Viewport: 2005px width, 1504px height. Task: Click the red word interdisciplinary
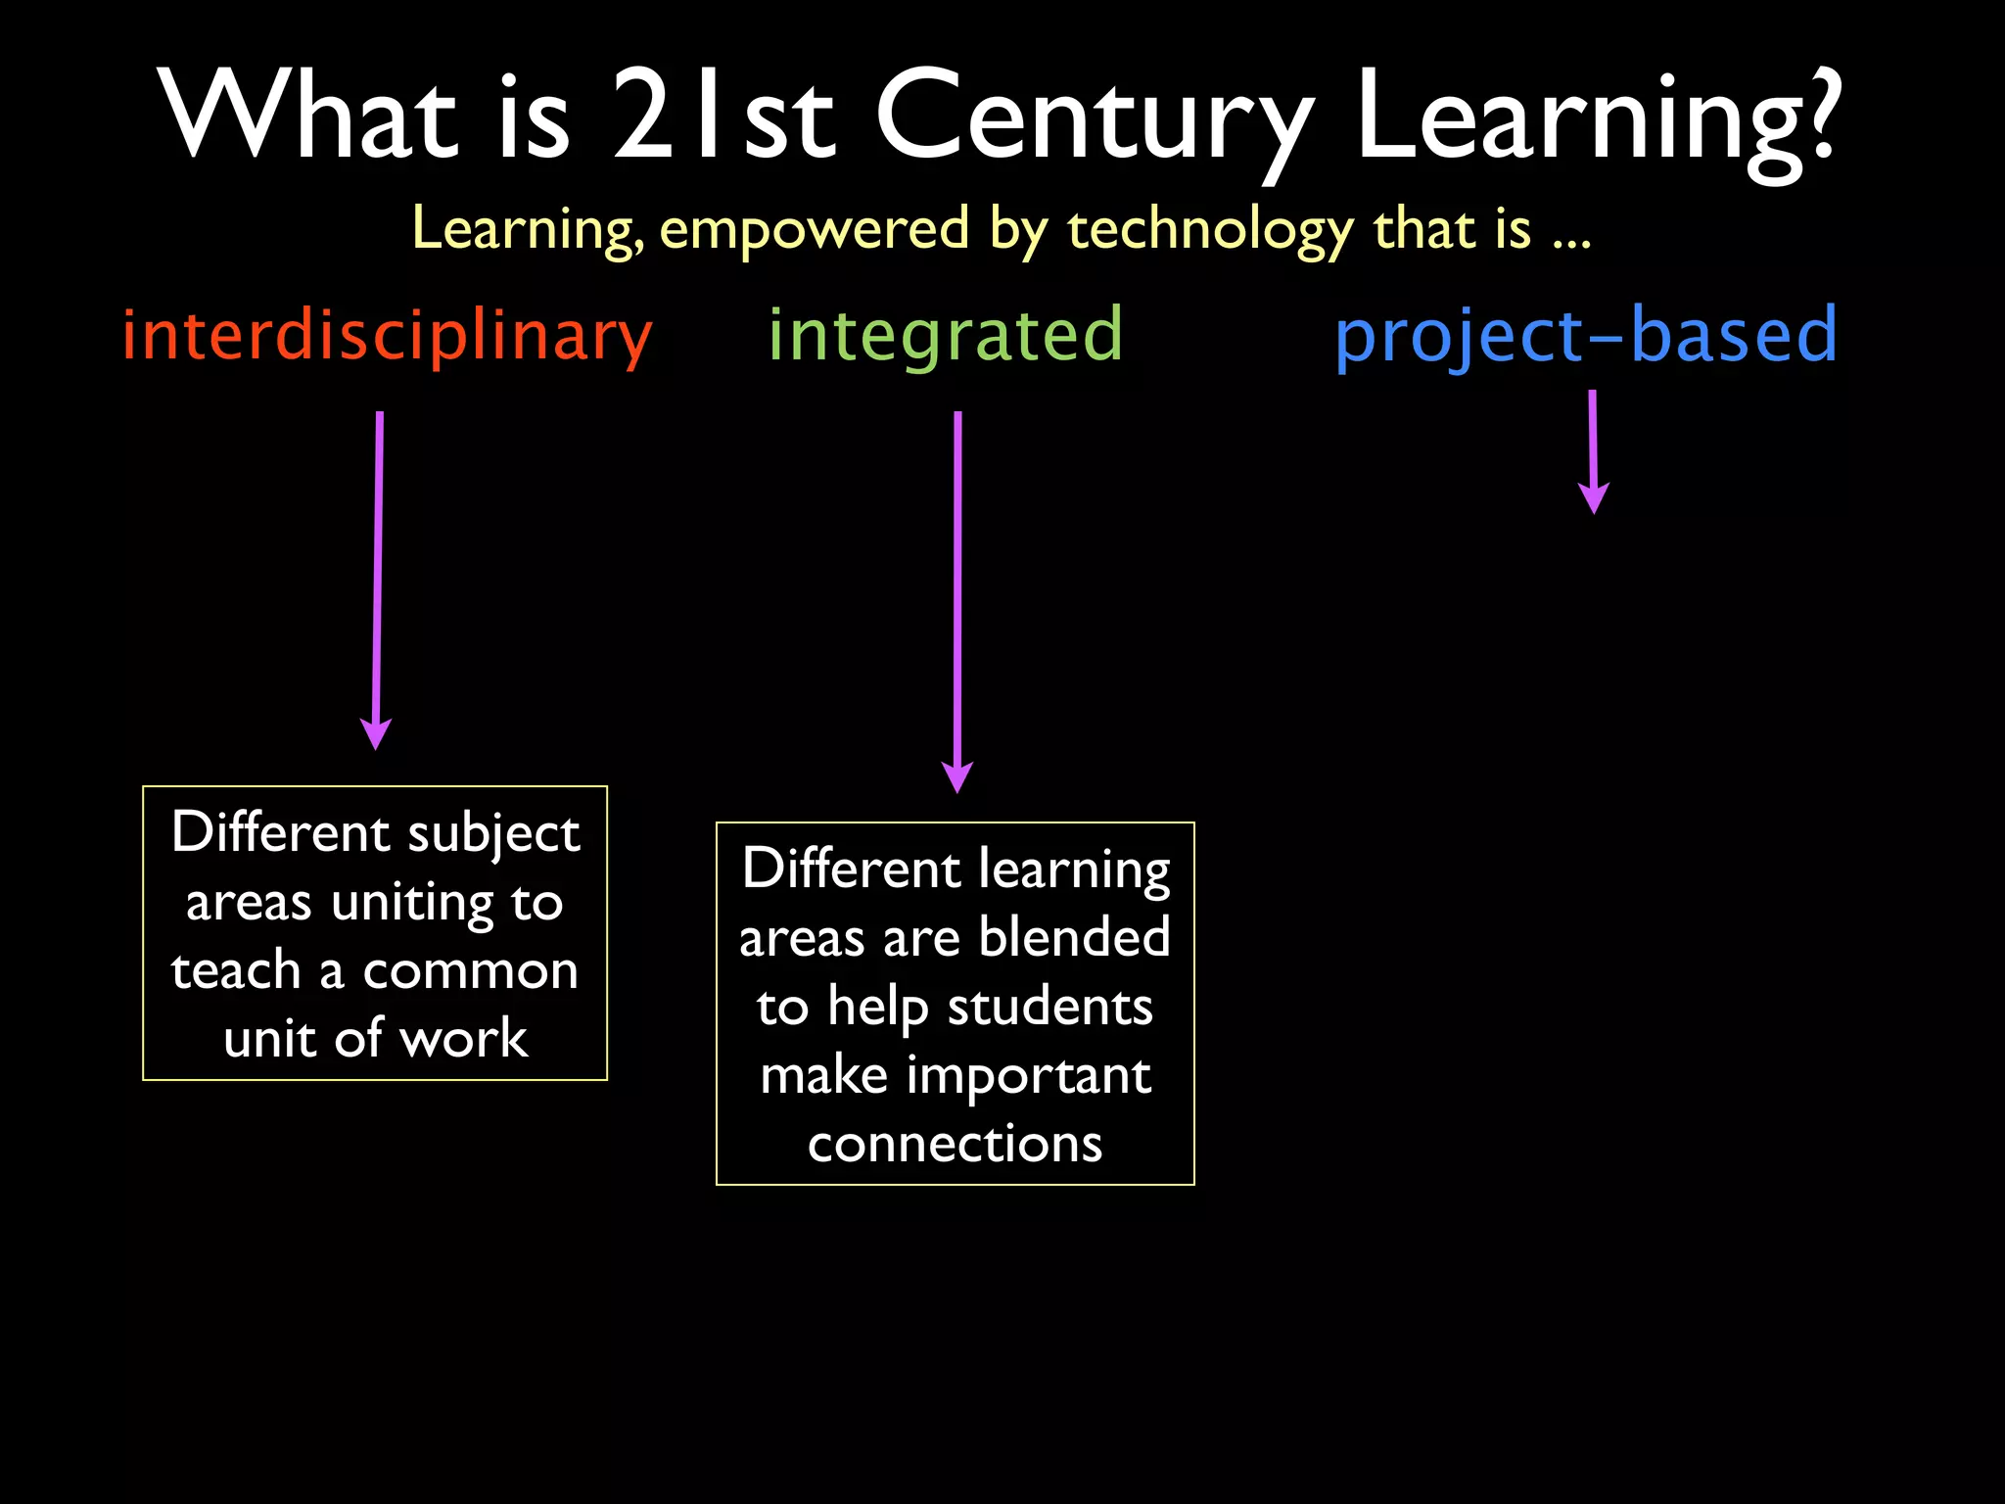point(387,336)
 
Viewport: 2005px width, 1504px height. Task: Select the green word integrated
point(945,336)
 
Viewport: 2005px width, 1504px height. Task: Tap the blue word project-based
point(1586,336)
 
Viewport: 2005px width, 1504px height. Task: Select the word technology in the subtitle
point(1210,229)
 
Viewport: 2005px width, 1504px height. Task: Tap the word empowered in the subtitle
point(815,229)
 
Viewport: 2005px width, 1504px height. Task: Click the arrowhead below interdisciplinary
point(376,733)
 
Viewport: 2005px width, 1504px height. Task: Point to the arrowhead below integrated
point(956,776)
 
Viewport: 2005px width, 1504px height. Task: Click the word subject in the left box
point(493,834)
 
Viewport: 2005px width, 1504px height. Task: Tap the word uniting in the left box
point(412,903)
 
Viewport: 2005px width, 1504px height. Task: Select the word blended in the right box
point(1074,937)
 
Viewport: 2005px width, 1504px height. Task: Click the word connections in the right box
point(955,1144)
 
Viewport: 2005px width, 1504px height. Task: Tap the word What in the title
point(308,117)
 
